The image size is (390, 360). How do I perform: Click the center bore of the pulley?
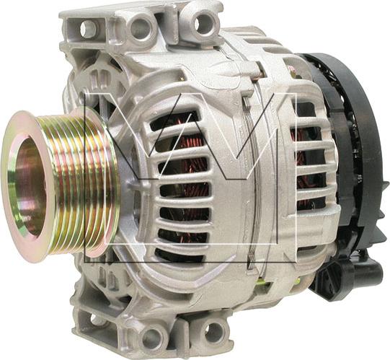pos(30,187)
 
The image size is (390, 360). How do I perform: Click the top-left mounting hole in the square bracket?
pos(87,28)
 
